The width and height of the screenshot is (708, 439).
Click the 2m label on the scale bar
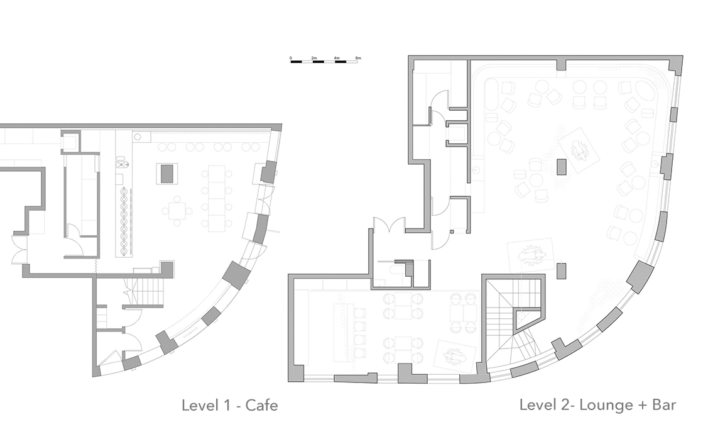314,58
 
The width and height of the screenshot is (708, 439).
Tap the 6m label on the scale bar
358,58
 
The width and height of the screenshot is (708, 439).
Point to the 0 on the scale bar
291,58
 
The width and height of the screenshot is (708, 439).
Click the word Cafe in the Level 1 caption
261,404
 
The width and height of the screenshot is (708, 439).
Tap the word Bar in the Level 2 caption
664,404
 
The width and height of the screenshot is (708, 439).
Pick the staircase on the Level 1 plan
145,292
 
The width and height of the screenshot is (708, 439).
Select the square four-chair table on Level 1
177,211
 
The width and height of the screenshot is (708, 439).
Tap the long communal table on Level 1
217,196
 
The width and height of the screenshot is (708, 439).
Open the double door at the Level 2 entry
388,225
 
